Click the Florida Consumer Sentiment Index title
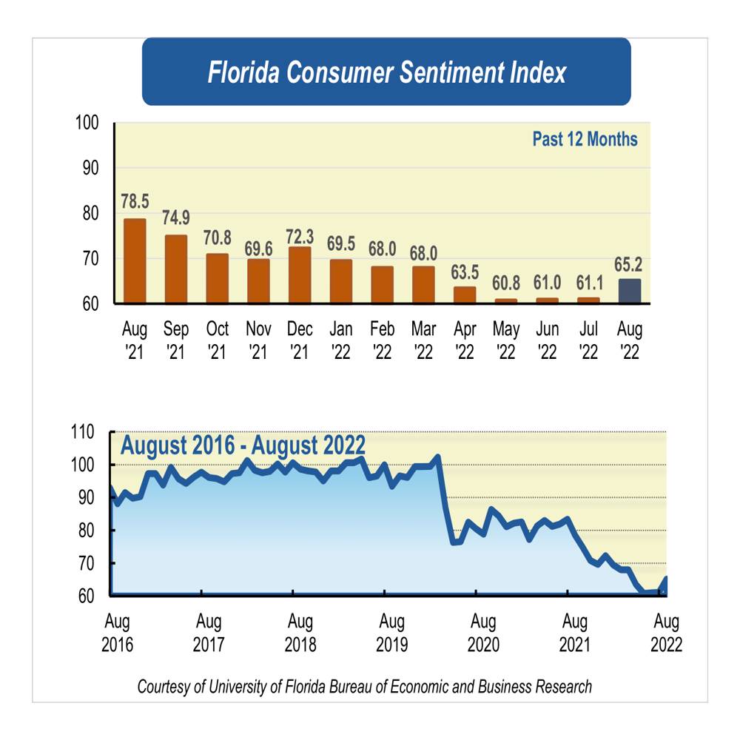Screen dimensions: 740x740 click(386, 73)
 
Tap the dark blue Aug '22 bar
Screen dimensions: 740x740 click(630, 291)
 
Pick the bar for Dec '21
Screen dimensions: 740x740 click(300, 275)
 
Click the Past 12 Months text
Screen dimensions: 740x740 click(585, 139)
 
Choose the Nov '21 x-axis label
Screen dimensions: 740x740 click(258, 340)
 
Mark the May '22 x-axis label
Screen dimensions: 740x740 click(506, 340)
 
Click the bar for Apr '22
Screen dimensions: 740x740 click(465, 295)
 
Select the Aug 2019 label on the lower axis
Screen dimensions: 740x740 click(391, 631)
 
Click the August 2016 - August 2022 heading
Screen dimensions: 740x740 click(243, 446)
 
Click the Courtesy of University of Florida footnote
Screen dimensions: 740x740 click(364, 687)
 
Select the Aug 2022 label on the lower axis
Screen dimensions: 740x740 click(666, 631)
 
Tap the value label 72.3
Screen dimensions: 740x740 click(300, 236)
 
